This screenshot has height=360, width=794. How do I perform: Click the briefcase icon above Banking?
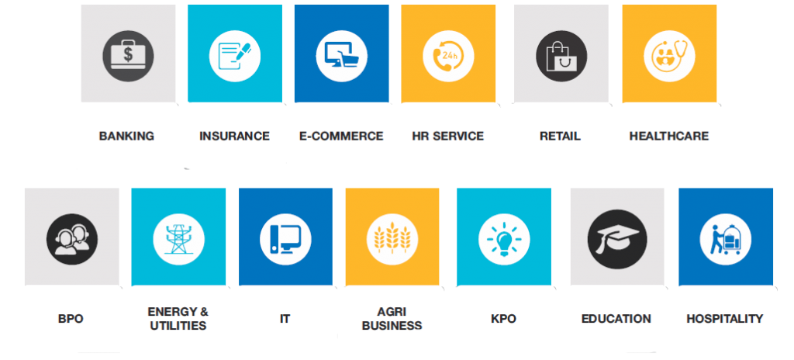pyautogui.click(x=128, y=56)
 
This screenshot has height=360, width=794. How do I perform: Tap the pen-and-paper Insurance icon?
pyautogui.click(x=234, y=56)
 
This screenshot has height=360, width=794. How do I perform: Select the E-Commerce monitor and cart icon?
pyautogui.click(x=342, y=56)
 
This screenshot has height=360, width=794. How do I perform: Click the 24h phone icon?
pyautogui.click(x=448, y=56)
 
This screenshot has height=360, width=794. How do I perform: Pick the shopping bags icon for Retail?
pyautogui.click(x=561, y=56)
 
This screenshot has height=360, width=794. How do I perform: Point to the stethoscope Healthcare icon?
pyautogui.click(x=669, y=56)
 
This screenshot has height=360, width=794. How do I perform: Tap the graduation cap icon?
pyautogui.click(x=617, y=239)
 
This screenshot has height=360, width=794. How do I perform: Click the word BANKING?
pyautogui.click(x=126, y=137)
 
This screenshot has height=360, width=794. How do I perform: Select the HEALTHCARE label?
pyautogui.click(x=669, y=137)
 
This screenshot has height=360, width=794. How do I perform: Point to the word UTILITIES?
pyautogui.click(x=178, y=326)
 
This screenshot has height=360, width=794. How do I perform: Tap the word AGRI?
pyautogui.click(x=392, y=312)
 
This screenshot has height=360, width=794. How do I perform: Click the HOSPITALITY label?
pyautogui.click(x=725, y=319)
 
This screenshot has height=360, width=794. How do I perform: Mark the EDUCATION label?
pyautogui.click(x=616, y=319)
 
